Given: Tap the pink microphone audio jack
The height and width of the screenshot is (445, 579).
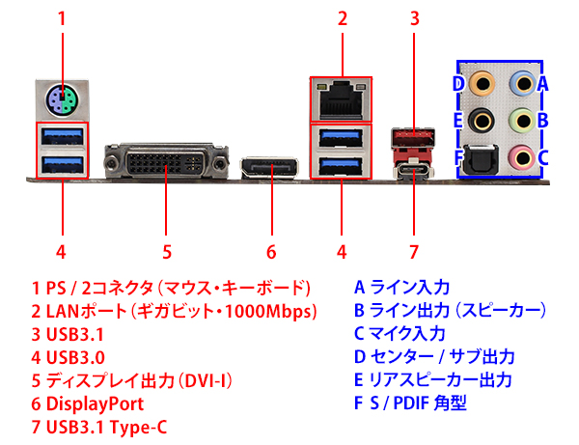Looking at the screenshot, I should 521,155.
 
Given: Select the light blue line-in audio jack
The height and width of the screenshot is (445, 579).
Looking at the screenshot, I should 521,83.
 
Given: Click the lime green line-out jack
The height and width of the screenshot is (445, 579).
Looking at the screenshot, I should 521,120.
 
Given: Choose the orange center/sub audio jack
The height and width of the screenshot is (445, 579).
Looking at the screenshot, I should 480,83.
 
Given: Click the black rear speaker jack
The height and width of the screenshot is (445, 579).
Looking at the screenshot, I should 480,120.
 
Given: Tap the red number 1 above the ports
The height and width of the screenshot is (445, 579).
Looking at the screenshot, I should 63,17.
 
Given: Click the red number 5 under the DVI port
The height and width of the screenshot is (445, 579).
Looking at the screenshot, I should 166,252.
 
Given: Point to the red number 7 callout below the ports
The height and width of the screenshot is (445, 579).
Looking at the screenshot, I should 414,252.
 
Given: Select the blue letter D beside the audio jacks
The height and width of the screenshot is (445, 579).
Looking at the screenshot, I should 458,83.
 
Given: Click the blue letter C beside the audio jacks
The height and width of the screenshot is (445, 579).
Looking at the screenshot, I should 543,156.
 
